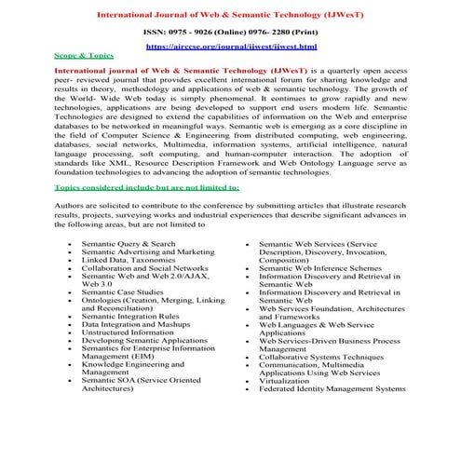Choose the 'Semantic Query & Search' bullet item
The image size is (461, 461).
(128, 244)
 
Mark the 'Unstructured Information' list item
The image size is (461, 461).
(127, 332)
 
